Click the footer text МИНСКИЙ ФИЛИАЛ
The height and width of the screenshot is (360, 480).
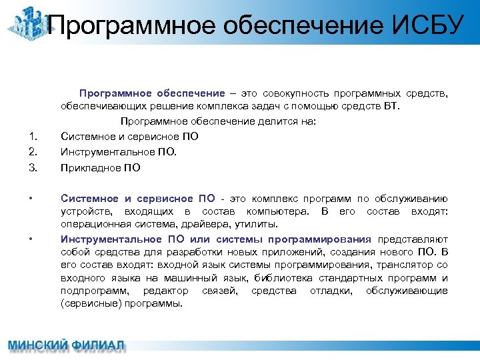tap(66, 346)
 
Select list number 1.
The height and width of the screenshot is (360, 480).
tap(32, 137)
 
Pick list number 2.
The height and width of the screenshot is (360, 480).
tap(32, 151)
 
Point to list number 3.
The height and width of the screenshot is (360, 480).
tap(32, 167)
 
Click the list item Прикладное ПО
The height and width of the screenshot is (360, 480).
tap(101, 167)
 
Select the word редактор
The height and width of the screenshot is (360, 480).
tap(165, 291)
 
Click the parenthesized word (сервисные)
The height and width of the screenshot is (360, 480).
tap(89, 303)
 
